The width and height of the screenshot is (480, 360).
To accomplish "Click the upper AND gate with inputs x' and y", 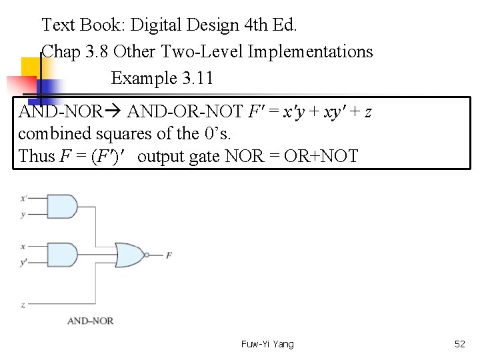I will click(61, 207).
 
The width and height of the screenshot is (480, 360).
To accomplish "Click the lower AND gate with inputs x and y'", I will click(61, 255).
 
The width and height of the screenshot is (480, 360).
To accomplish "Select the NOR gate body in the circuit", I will click(129, 255).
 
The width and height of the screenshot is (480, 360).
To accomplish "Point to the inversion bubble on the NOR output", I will click(146, 255).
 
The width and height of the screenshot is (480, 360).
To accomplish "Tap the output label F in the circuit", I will click(169, 255).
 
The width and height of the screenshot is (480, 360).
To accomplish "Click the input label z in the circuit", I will click(23, 305).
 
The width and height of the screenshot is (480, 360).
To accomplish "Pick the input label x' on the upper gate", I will click(24, 198).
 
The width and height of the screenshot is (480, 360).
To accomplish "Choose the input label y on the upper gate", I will click(23, 215).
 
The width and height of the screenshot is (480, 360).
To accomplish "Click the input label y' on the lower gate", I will click(24, 263).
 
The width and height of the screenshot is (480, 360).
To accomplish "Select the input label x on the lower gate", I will click(23, 246).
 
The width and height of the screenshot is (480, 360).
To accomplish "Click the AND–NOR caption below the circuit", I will click(90, 321).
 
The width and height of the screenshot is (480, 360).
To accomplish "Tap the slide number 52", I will click(459, 344).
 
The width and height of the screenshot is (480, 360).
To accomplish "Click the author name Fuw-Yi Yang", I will click(267, 344).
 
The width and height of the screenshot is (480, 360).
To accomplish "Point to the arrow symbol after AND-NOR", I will click(114, 111).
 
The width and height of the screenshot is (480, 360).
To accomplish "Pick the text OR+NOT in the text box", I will click(324, 156).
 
